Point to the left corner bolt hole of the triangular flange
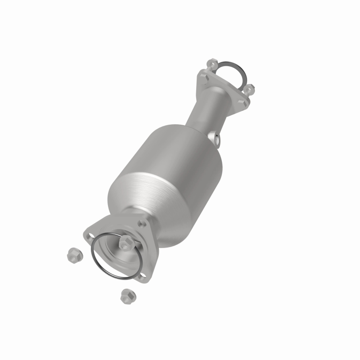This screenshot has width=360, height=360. click(89, 234)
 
